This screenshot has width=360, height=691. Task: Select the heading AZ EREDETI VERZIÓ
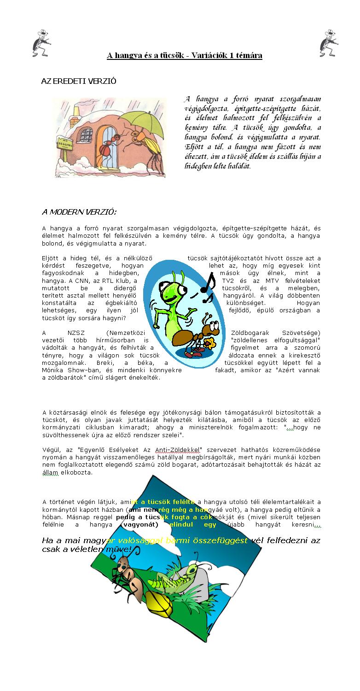(79, 81)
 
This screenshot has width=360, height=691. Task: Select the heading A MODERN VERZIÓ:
(79, 212)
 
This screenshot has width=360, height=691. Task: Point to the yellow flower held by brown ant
(212, 343)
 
